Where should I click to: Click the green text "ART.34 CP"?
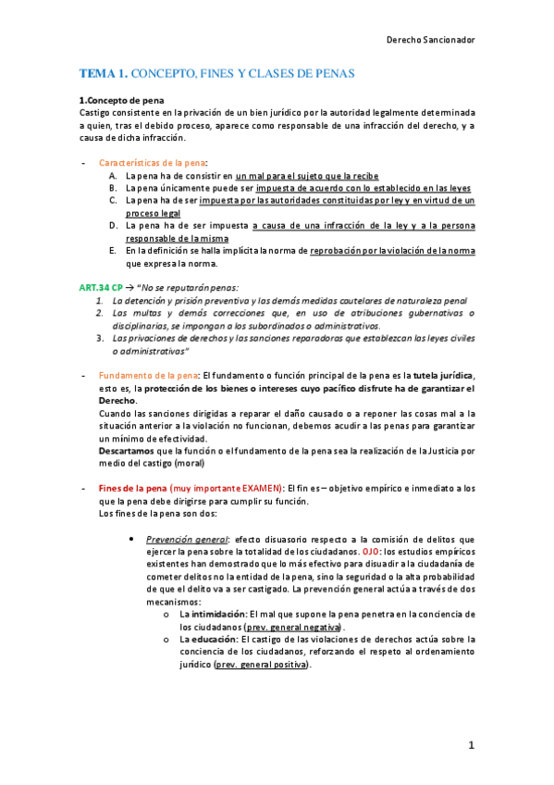click(101, 288)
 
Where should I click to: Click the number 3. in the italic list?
click(101, 339)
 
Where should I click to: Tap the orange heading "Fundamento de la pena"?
click(148, 375)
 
